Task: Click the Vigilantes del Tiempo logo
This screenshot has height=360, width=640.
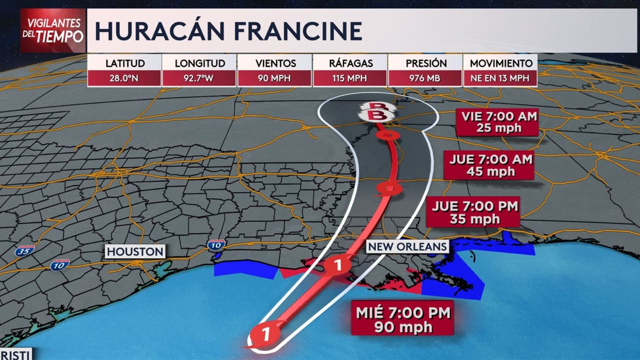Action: (x=53, y=30)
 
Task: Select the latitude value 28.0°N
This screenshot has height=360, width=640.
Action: (x=125, y=78)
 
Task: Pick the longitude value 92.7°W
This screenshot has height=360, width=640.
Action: (x=199, y=78)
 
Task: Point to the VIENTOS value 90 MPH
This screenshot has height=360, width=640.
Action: (x=274, y=78)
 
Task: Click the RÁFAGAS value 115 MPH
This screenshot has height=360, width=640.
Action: (x=350, y=78)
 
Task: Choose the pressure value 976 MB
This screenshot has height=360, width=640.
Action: (x=425, y=78)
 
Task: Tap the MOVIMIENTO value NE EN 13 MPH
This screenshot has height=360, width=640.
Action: (x=500, y=78)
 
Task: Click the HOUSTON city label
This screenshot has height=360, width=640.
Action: (x=135, y=251)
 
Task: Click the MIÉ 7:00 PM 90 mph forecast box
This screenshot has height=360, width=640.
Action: (x=402, y=318)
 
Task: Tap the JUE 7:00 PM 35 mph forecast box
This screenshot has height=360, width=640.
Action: (x=472, y=211)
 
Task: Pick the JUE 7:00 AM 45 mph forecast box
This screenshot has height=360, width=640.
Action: (x=488, y=165)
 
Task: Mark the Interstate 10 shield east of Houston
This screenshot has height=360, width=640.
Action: (x=216, y=244)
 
